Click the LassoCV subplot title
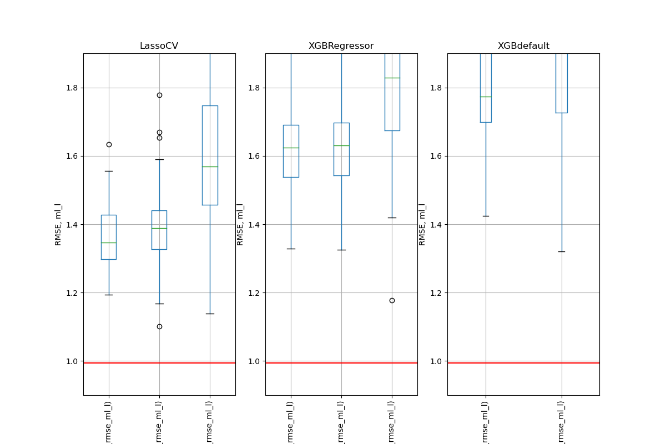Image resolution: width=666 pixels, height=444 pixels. [x=159, y=46]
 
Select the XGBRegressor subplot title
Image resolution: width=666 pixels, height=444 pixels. [x=341, y=46]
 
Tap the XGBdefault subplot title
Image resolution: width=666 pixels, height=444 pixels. [x=523, y=46]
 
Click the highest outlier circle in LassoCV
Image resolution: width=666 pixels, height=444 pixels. [x=159, y=95]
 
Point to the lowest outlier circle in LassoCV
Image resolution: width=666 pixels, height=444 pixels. [x=159, y=326]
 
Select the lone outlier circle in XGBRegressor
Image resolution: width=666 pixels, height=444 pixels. [x=392, y=300]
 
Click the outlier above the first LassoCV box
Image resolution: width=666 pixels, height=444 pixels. [x=109, y=144]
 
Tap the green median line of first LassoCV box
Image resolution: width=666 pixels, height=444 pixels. [x=109, y=243]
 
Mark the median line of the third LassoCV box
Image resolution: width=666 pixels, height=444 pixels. [x=210, y=167]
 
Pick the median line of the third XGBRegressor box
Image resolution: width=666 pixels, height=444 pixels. [x=392, y=78]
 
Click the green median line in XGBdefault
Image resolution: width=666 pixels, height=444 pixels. [x=486, y=97]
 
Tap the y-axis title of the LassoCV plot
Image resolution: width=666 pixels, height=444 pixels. [x=58, y=224]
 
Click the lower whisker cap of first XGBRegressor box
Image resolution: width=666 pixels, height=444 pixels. [x=291, y=249]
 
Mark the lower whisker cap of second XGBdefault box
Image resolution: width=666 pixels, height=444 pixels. [x=562, y=251]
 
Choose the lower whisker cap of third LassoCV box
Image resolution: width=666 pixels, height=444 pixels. [x=210, y=314]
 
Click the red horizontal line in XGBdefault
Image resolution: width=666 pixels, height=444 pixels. [x=523, y=363]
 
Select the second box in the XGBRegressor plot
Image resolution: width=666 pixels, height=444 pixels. [x=341, y=149]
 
